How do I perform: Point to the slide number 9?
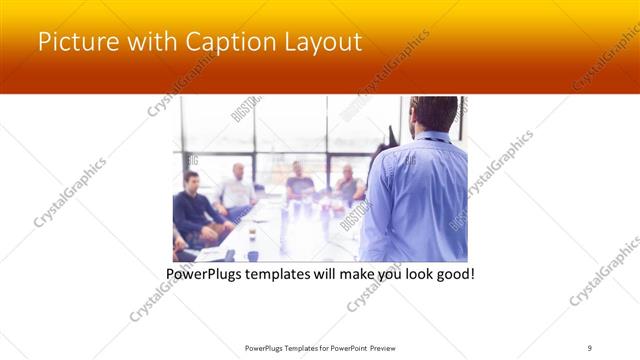pyautogui.click(x=590, y=347)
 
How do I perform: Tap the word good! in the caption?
pyautogui.click(x=452, y=273)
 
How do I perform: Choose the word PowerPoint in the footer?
pyautogui.click(x=344, y=347)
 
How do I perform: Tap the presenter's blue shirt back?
pyautogui.click(x=415, y=195)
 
